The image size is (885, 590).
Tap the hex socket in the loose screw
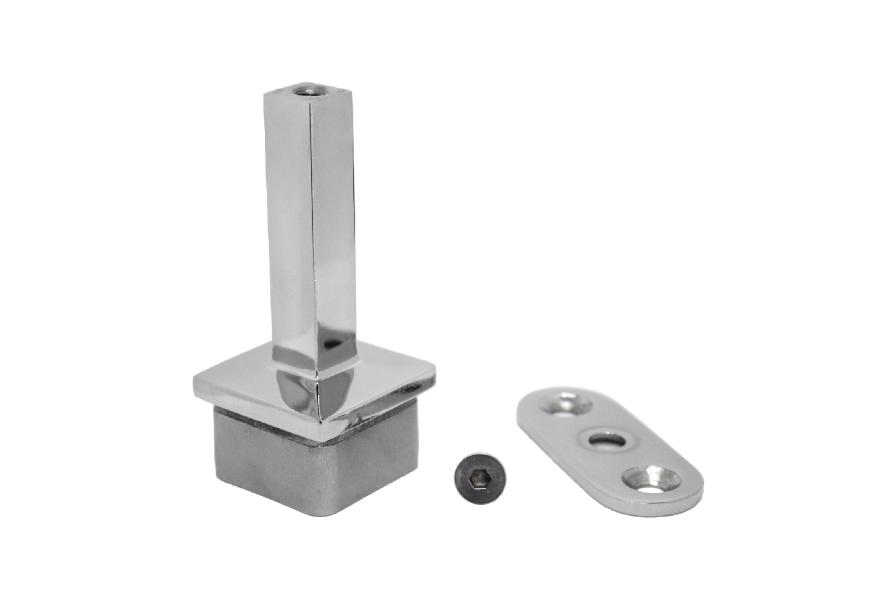coord(479,478)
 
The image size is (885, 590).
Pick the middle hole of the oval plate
coord(607,440)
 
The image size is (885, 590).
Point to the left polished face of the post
coord(288,221)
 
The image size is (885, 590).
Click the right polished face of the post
coord(335,221)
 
